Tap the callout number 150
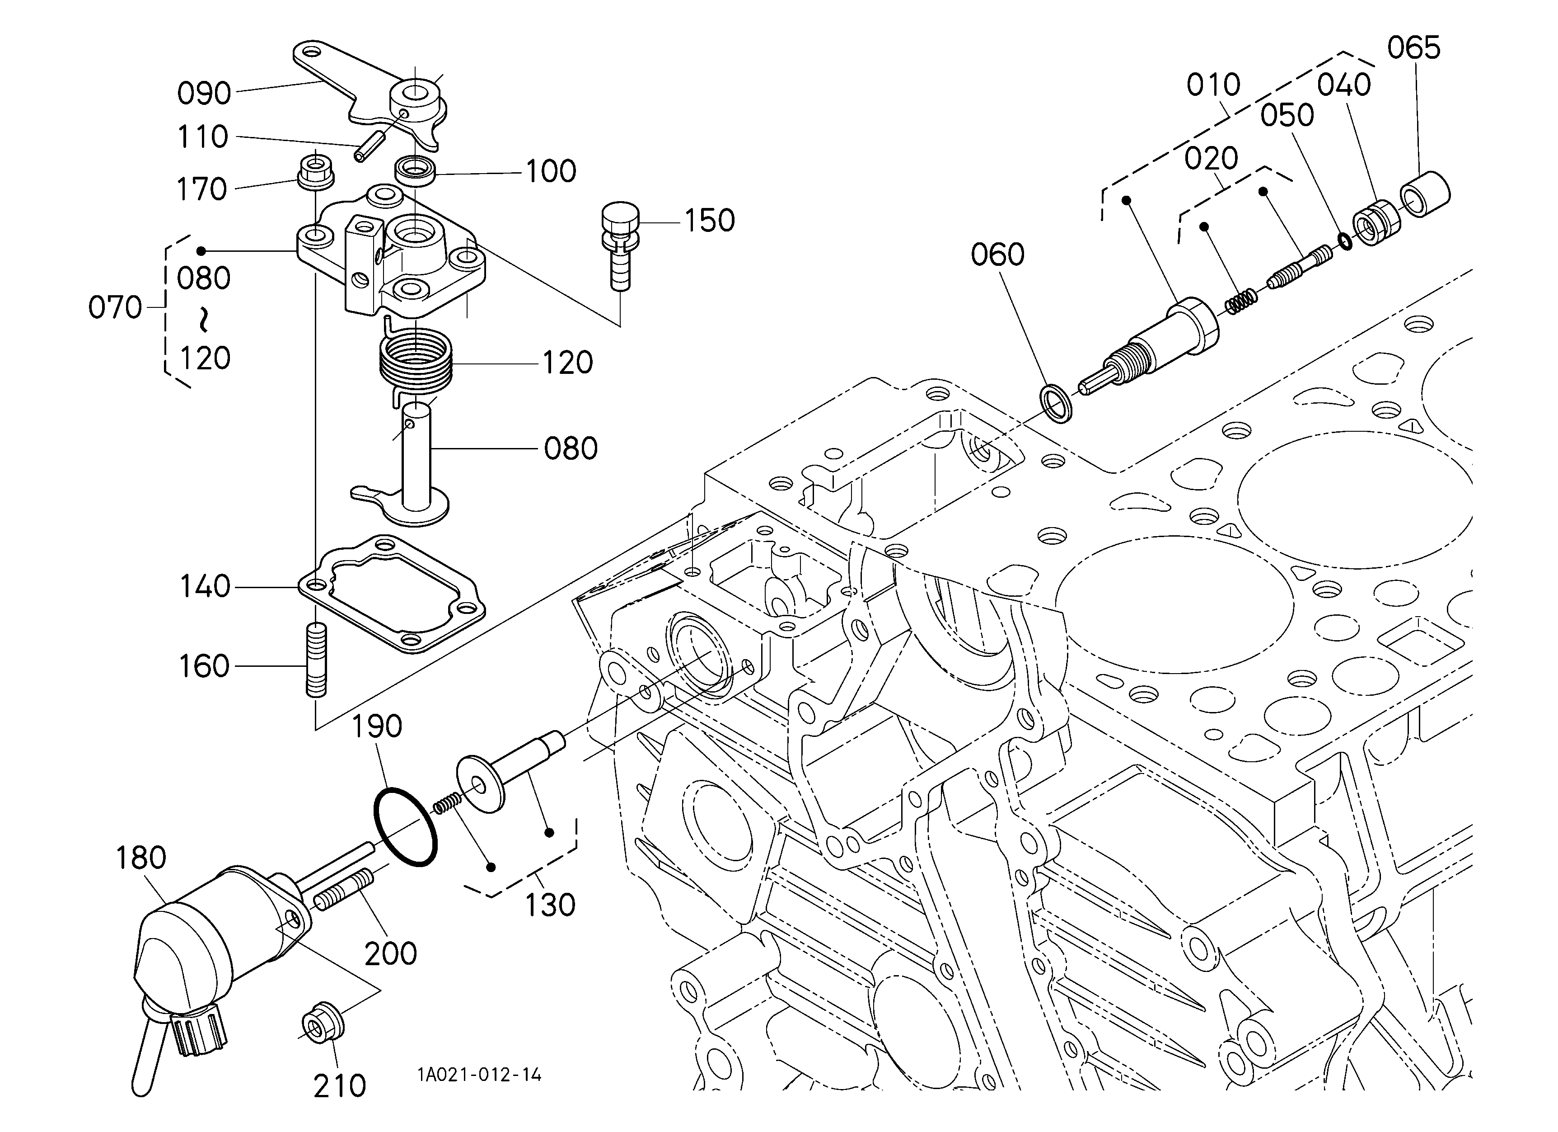tap(709, 221)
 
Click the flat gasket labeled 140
tap(392, 594)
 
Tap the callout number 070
tap(115, 307)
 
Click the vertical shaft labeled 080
tap(416, 467)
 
